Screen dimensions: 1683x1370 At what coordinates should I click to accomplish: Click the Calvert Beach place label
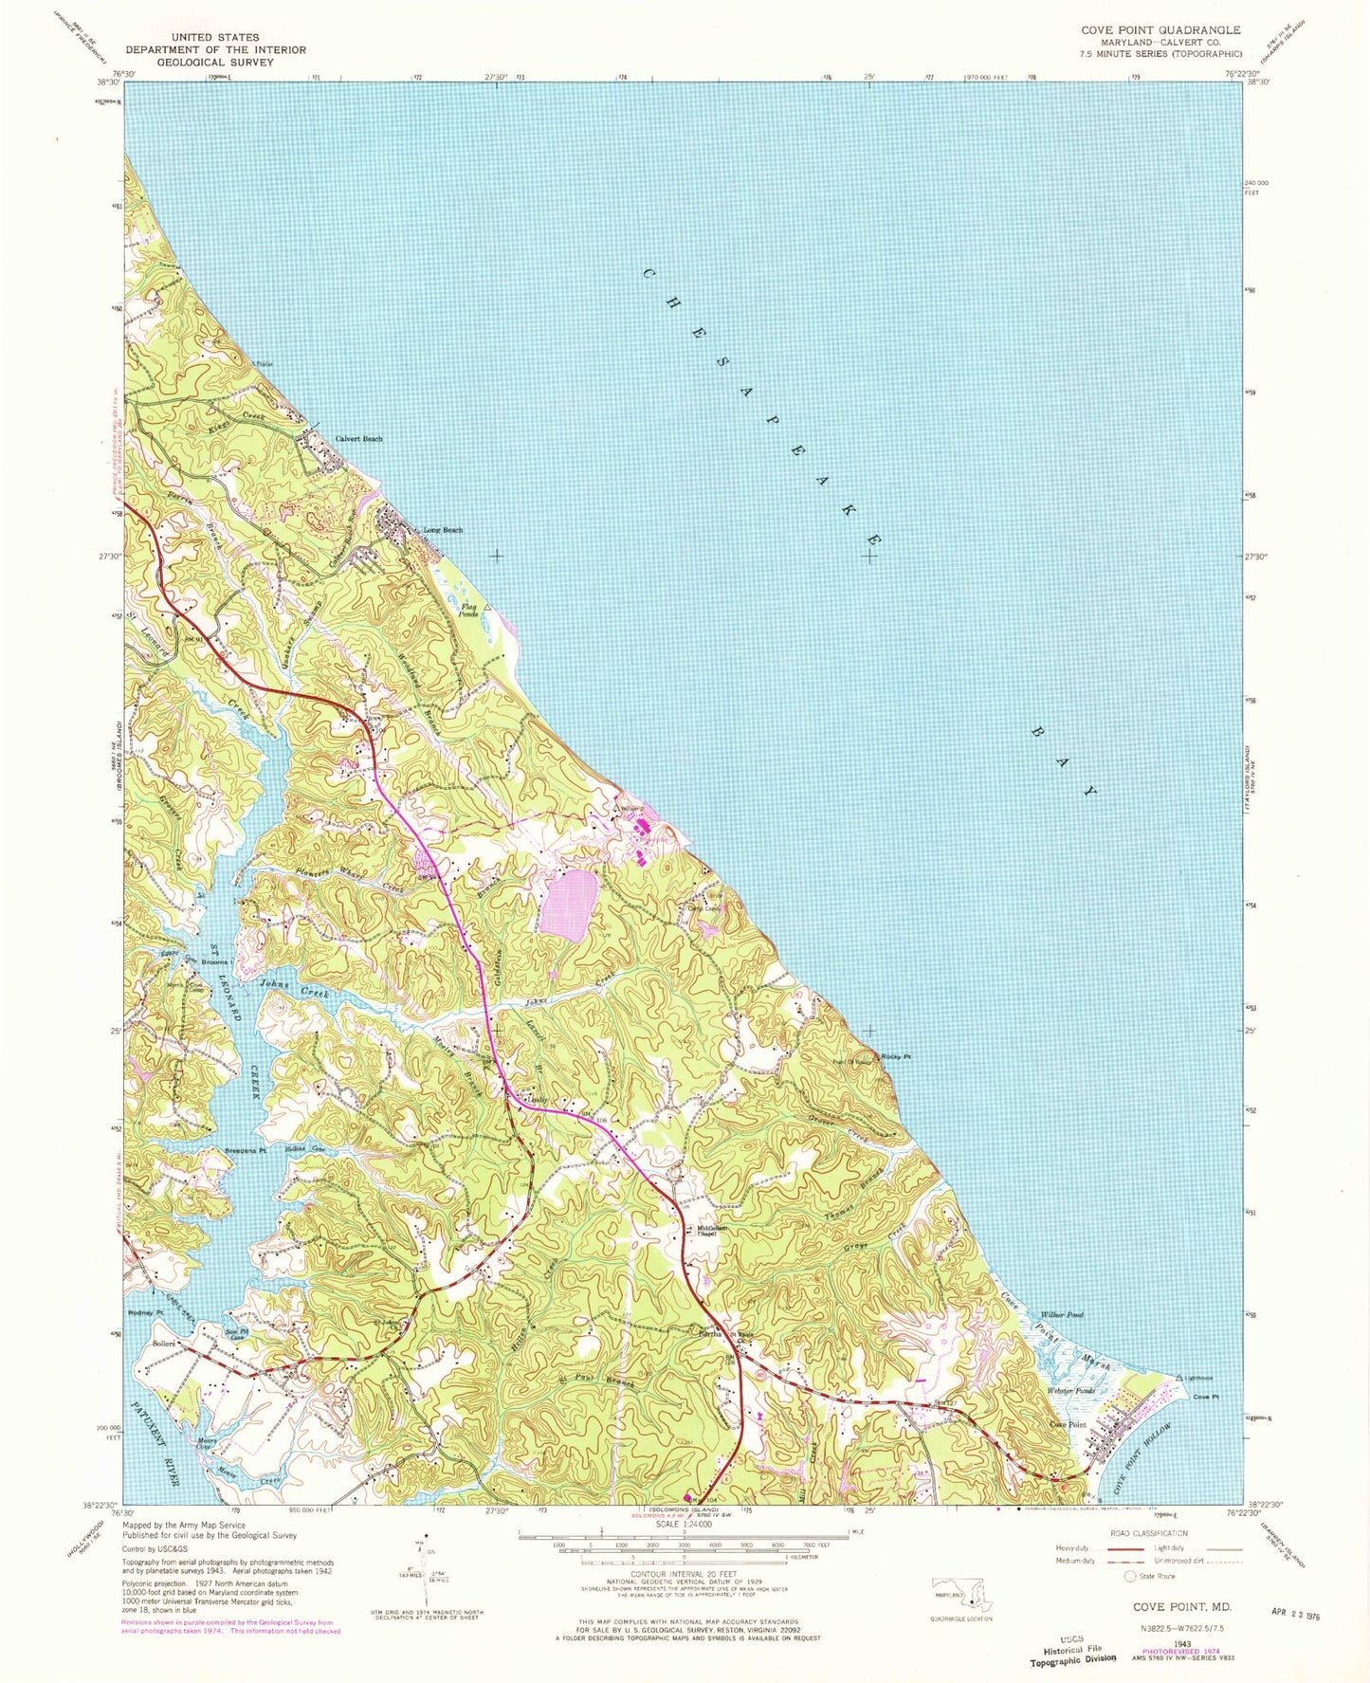pos(359,439)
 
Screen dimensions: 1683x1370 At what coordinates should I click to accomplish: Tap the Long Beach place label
pos(443,530)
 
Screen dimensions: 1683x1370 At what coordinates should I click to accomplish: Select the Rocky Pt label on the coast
pos(895,1057)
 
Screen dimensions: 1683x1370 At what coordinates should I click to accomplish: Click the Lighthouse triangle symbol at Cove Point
pos(1179,1376)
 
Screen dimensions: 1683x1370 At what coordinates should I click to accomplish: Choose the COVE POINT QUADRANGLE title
pos(1160,30)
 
